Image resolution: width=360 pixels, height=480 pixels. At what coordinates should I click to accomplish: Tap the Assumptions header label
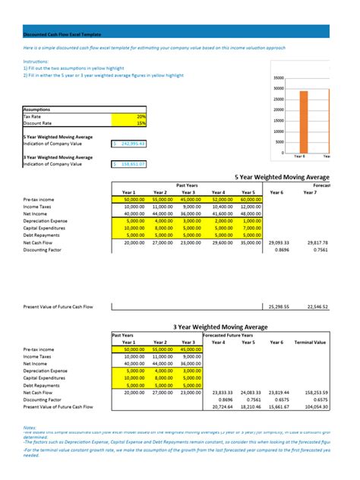pyautogui.click(x=38, y=109)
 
